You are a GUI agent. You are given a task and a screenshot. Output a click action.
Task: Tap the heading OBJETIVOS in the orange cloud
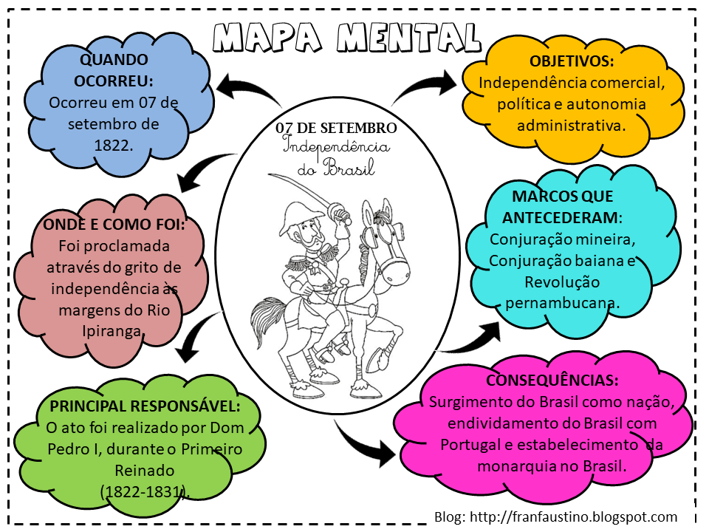tap(571, 61)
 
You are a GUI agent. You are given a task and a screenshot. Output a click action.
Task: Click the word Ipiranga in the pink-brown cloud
tap(112, 330)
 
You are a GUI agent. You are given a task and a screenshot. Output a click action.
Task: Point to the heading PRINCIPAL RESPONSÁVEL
tap(145, 406)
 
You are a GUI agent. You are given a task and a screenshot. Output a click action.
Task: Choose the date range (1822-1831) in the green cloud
tap(143, 491)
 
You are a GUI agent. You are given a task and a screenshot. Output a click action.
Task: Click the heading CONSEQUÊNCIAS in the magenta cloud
tap(552, 381)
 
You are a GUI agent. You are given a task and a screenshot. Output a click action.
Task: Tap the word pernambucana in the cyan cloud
tap(563, 303)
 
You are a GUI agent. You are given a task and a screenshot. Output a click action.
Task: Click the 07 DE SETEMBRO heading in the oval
tap(336, 128)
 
